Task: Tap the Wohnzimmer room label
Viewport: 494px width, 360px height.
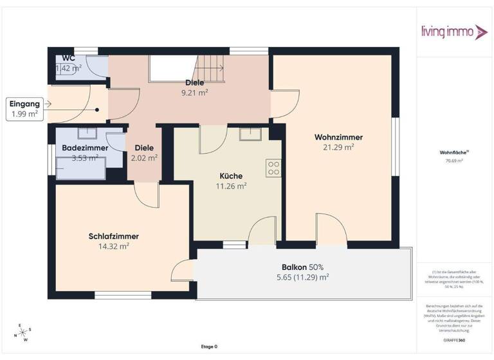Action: [x=338, y=137]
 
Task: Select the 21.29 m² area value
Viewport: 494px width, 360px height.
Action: [x=338, y=147]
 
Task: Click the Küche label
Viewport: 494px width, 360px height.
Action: [x=231, y=175]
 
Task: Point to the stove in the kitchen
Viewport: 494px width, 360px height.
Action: [x=273, y=168]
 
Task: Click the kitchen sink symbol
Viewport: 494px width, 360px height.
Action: [x=250, y=134]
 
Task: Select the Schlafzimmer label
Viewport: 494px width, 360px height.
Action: [x=114, y=236]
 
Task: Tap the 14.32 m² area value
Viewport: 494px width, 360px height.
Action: [x=114, y=246]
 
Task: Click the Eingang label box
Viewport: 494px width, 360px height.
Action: [x=24, y=109]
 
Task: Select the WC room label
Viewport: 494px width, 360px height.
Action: [x=68, y=58]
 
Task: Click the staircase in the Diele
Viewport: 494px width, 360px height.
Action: [x=209, y=66]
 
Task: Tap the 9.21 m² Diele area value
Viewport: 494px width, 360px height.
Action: [x=195, y=92]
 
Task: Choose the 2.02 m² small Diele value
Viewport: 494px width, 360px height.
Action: [x=144, y=157]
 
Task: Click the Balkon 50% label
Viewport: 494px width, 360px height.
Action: [x=302, y=267]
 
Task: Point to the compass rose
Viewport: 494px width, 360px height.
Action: [x=23, y=332]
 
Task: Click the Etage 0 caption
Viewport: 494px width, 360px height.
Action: [x=208, y=346]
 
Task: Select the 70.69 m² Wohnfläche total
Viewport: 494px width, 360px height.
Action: [x=454, y=161]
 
